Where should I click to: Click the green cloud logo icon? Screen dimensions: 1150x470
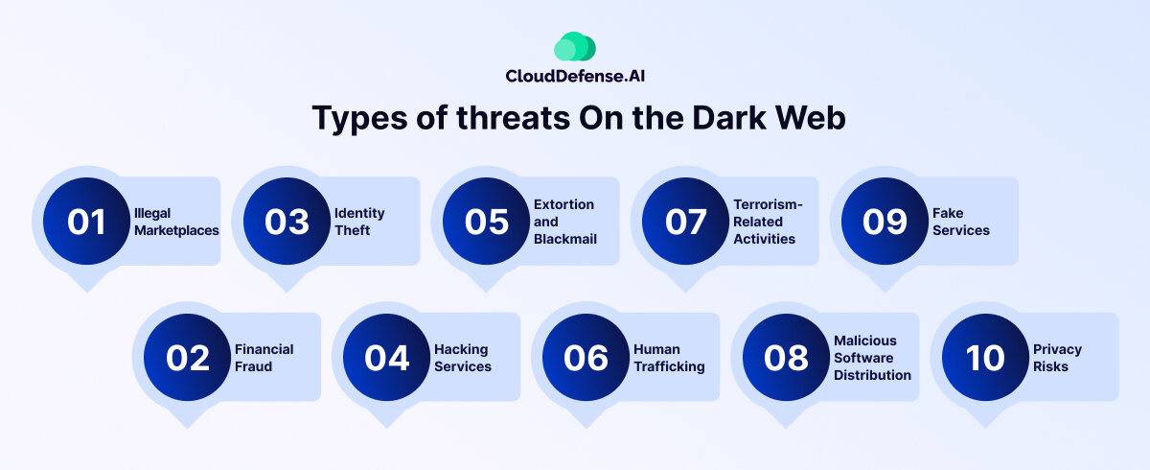574,46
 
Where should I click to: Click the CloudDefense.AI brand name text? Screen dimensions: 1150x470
575,76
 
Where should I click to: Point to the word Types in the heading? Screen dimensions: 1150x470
360,119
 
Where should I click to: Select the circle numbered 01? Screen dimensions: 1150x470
86,222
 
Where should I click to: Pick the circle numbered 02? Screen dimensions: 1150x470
188,358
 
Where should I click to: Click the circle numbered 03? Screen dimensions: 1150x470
287,222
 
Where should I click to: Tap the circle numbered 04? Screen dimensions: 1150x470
386,358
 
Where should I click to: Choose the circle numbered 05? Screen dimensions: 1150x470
486,222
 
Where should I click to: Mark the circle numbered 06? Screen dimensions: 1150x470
586,358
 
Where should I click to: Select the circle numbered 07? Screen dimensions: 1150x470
685,222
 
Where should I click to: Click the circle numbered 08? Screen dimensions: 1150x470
786,358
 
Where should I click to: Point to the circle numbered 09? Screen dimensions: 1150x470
885,222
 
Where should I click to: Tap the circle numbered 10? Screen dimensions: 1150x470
985,358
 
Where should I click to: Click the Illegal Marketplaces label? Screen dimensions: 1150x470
176,222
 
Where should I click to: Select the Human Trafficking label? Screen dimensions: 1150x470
669,358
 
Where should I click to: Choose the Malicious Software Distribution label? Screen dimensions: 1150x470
872,358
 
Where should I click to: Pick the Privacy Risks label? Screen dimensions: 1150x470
1057,358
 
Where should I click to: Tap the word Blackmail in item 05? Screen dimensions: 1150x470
565,240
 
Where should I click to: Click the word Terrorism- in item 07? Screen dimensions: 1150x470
768,204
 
